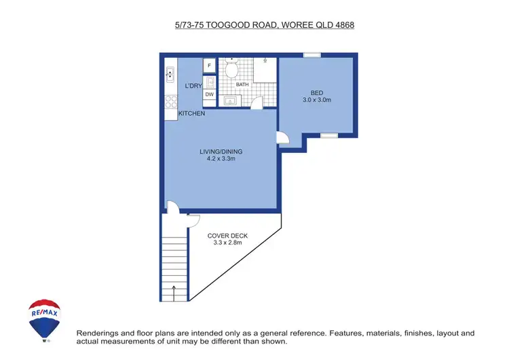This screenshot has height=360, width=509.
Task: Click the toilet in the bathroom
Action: [231, 69]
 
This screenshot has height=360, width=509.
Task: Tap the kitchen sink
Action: [170, 75]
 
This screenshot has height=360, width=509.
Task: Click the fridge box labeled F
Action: [210, 66]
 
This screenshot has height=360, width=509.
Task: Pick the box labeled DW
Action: [210, 94]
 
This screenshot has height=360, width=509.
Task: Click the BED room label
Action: [317, 93]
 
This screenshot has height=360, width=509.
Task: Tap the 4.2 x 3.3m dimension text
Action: [221, 159]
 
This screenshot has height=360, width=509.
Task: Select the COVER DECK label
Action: [227, 236]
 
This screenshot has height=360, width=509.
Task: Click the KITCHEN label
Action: [191, 113]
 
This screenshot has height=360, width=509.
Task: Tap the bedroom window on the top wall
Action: [312, 55]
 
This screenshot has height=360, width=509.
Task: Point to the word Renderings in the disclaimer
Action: [100, 334]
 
